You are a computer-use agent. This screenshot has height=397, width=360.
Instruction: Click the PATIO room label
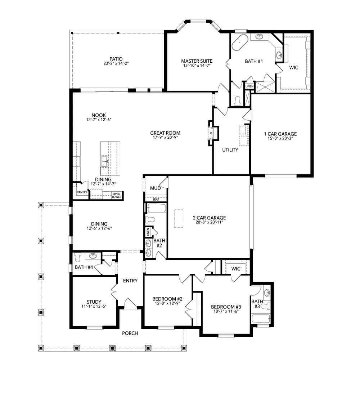pos(116,59)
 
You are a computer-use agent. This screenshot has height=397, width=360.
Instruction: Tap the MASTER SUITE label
pos(197,61)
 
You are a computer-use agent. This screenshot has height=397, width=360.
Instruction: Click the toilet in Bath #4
pos(77,257)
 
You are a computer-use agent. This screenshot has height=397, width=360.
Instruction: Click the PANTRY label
pos(82,192)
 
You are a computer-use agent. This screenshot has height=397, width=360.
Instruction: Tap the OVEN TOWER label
pos(117,196)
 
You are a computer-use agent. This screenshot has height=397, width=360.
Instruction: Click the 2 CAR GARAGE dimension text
pos(209,222)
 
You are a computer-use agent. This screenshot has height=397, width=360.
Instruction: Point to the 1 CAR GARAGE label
pos(280,134)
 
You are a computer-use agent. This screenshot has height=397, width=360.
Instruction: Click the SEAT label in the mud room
pos(156,200)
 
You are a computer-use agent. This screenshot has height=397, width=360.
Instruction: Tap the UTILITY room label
pos(230,150)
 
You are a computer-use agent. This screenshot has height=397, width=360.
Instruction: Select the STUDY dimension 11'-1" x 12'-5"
pos(94,306)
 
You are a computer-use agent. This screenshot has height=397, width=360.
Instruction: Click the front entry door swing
pos(130,303)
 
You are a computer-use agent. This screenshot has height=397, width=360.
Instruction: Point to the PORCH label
pos(130,333)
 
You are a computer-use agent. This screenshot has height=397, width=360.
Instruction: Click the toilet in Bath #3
pos(265,307)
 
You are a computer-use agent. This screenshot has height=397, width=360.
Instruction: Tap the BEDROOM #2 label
pos(167,299)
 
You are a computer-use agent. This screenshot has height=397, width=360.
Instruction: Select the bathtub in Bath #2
pos(156,208)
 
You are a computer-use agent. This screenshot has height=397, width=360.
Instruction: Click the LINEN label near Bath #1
pos(249,86)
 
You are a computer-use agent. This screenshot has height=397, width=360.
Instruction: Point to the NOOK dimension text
pos(99,120)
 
